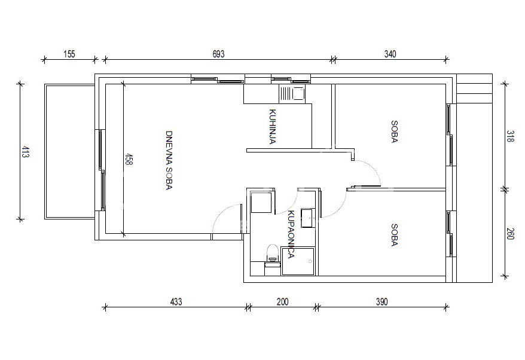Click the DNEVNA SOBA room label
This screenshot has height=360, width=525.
tap(169, 160)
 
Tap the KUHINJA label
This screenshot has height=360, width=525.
tap(273, 127)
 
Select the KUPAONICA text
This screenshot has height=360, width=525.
tap(291, 234)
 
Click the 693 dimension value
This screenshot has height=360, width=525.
tap(218, 54)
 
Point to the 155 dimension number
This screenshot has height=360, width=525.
tap(69, 54)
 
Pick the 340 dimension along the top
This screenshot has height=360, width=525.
tap(390, 54)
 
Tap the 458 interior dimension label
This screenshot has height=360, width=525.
tap(128, 158)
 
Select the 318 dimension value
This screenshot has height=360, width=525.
tap(509, 136)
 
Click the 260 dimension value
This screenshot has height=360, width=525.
tap(509, 233)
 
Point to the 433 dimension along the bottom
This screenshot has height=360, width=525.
tap(176, 302)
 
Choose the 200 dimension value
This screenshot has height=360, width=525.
tap(282, 302)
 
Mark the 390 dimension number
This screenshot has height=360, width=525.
tap(381, 302)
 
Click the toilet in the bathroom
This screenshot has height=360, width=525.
tap(273, 254)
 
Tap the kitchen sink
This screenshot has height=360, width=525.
tap(292, 93)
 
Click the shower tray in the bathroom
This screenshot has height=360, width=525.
tap(298, 261)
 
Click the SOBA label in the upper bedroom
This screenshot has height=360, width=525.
tap(394, 132)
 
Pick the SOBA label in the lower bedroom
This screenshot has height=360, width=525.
tap(394, 235)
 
